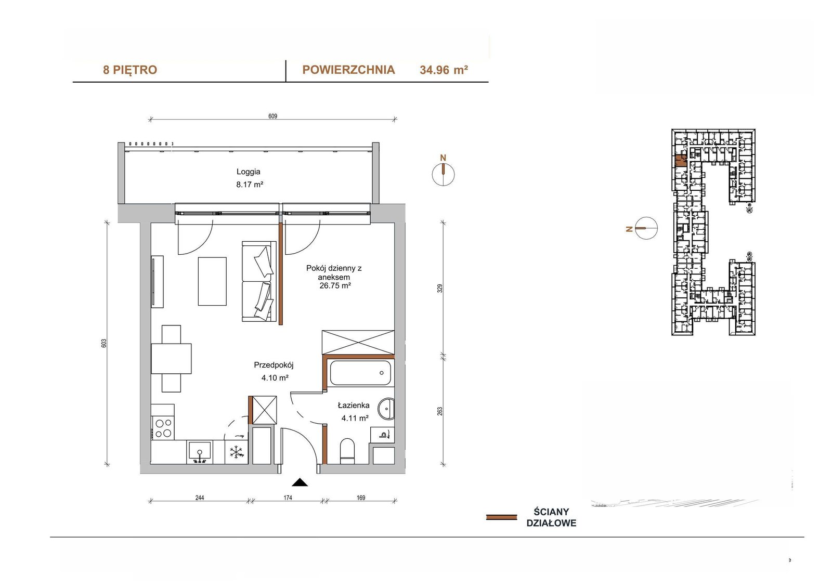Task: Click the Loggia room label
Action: coord(248,172)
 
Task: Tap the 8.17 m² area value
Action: coord(250,184)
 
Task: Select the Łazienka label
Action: coord(353,406)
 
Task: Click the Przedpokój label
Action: coord(274,365)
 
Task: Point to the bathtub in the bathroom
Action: coord(360,373)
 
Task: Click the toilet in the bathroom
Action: coord(347,451)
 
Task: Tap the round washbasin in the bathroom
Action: coord(386,409)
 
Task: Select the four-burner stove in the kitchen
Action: coord(163,428)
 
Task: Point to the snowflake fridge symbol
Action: coord(236,452)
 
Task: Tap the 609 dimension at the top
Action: coord(272,116)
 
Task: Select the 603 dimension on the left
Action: coord(104,343)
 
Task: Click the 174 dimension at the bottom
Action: coord(288,498)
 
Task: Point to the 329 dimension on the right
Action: coord(440,289)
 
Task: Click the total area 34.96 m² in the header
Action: coord(444,70)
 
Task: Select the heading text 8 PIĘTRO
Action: coord(130,70)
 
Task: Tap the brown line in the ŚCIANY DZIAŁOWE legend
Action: coord(501,517)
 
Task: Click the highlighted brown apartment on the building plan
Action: coord(680,161)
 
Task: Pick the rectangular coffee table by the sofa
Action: coord(212,281)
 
